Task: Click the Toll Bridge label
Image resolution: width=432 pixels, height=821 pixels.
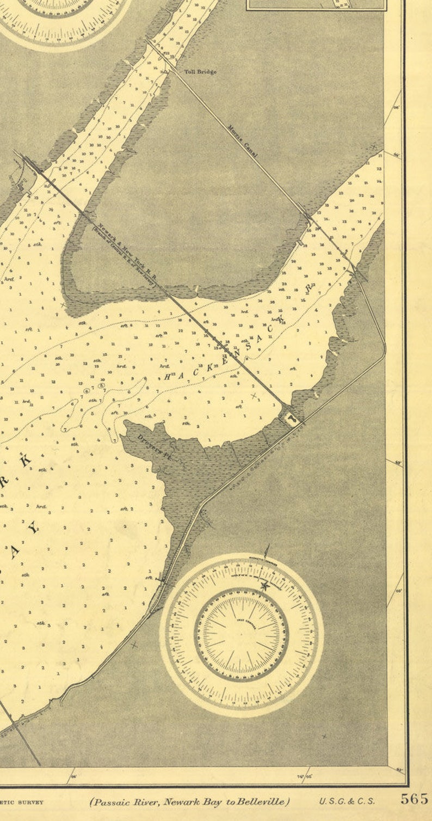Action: pyautogui.click(x=200, y=72)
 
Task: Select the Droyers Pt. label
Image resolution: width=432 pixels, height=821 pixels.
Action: pyautogui.click(x=153, y=448)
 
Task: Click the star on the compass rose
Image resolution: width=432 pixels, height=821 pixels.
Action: pyautogui.click(x=265, y=586)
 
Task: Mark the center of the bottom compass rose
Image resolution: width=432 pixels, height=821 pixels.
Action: pyautogui.click(x=242, y=635)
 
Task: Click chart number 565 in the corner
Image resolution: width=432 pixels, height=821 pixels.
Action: pyautogui.click(x=415, y=799)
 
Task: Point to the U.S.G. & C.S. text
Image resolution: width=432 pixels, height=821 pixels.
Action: pyautogui.click(x=347, y=801)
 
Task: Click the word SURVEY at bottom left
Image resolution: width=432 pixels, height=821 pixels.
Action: pyautogui.click(x=33, y=802)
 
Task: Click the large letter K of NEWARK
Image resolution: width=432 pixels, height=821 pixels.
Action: pyautogui.click(x=25, y=460)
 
